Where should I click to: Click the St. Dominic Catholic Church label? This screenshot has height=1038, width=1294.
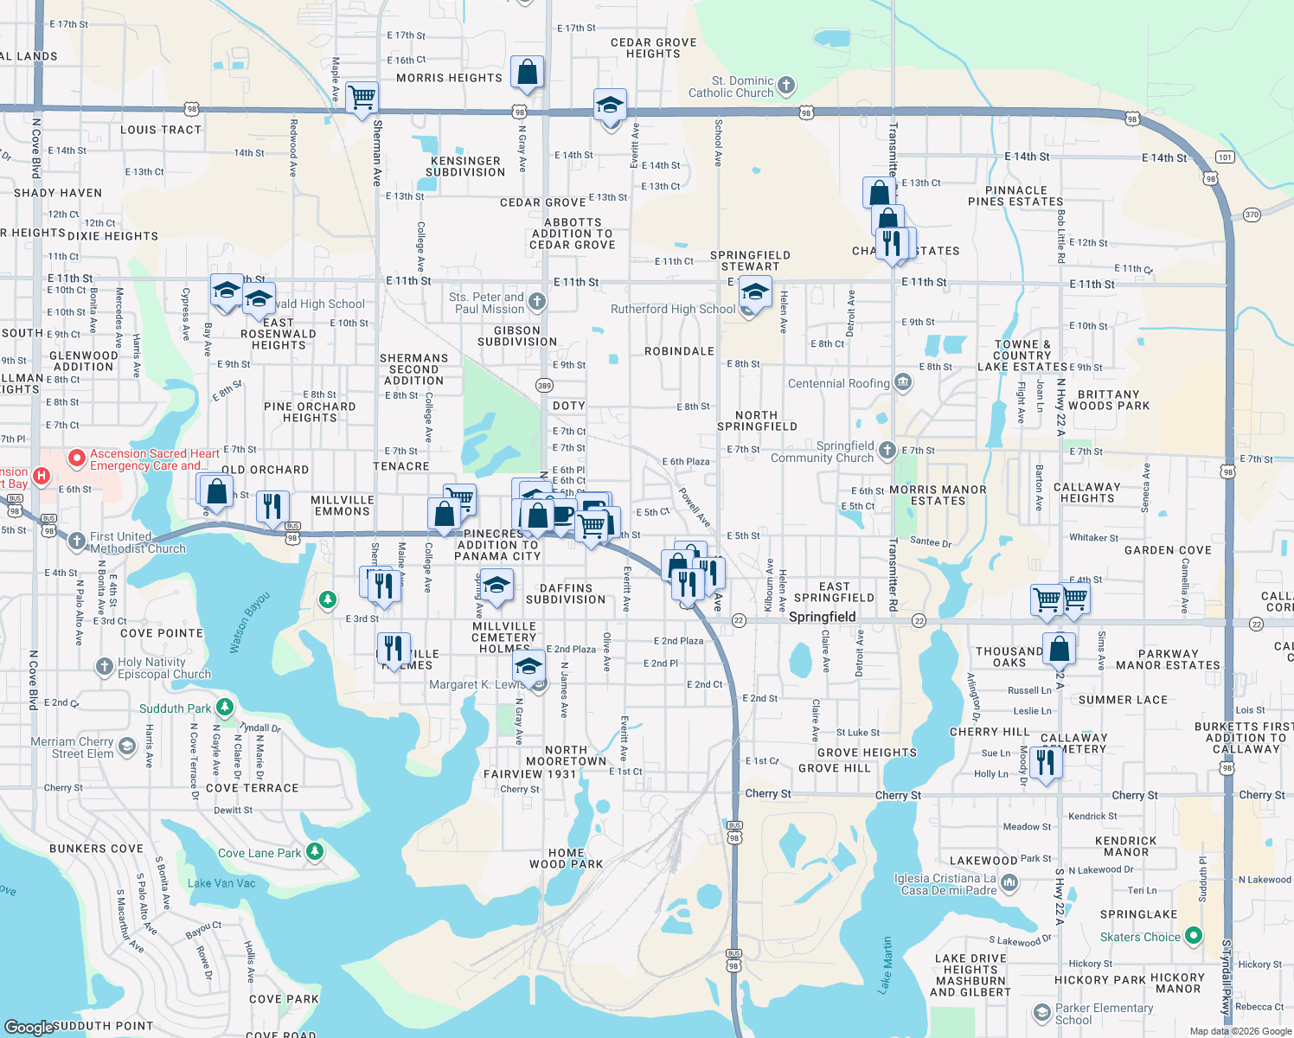click(731, 86)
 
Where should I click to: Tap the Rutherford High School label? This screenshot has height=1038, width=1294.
click(673, 309)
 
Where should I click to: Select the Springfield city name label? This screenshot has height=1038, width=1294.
click(822, 617)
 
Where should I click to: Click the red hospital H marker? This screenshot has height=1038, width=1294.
click(40, 476)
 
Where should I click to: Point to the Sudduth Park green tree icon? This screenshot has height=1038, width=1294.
click(225, 708)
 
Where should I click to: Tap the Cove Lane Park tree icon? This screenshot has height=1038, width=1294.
click(315, 852)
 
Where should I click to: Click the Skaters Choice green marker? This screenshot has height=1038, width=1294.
click(1194, 935)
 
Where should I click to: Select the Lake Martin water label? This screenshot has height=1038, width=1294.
click(885, 965)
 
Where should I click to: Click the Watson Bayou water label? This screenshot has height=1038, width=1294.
click(250, 622)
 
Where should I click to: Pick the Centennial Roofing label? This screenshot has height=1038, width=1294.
click(838, 383)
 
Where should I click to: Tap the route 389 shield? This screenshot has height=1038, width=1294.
click(544, 386)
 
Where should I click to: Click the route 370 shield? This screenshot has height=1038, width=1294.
click(1252, 214)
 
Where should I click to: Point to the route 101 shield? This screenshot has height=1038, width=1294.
click(1224, 157)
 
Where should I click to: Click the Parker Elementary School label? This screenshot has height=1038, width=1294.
click(1104, 1014)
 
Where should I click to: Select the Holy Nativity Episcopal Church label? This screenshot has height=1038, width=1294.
click(163, 668)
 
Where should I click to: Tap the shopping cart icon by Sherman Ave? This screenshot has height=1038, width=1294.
click(362, 98)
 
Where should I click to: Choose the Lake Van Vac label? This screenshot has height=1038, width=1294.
click(221, 883)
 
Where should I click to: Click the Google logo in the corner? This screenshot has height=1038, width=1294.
click(29, 1027)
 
